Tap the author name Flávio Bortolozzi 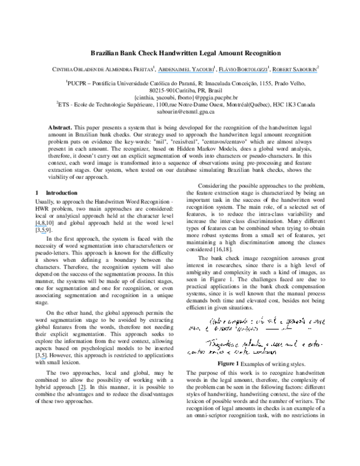tap(244, 69)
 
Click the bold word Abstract tap(59, 129)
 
